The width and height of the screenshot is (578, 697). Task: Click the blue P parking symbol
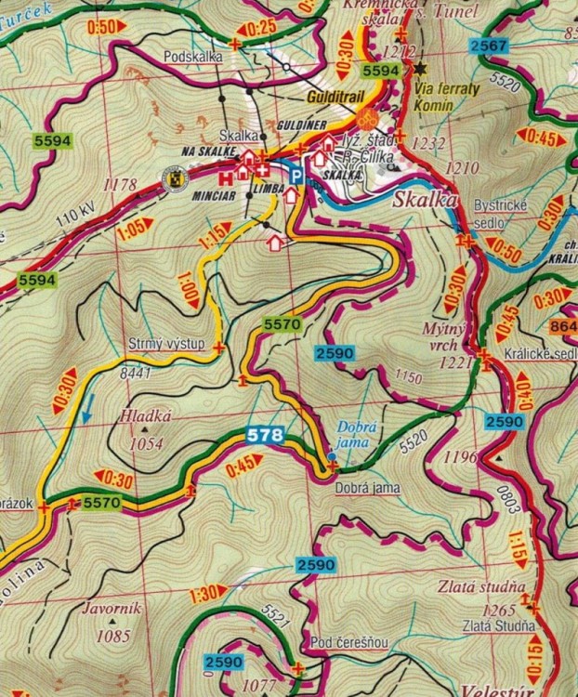[x=296, y=173]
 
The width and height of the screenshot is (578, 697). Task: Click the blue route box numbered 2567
[x=488, y=47]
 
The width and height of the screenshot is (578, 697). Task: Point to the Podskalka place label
[x=191, y=56]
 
